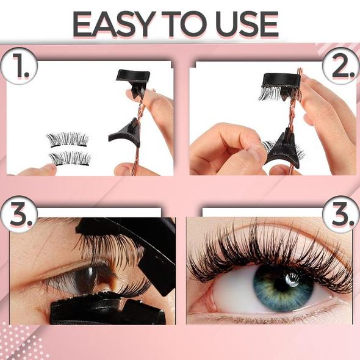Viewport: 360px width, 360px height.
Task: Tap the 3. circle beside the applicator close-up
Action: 18,214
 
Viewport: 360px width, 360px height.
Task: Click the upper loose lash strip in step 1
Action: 68,140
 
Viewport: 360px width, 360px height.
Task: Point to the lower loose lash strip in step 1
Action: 70,159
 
